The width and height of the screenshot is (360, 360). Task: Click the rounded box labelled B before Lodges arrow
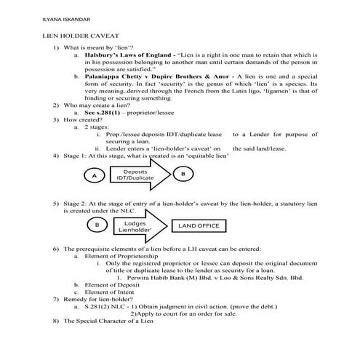tap(98, 225)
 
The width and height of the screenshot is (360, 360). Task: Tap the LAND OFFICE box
tap(199, 225)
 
